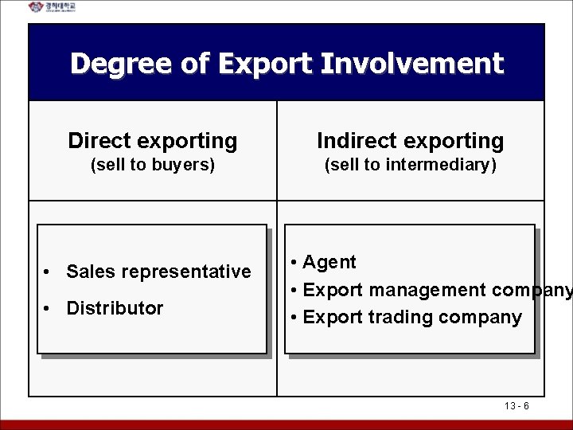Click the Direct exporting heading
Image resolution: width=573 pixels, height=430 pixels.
(153, 142)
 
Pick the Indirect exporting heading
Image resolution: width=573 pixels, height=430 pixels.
(411, 142)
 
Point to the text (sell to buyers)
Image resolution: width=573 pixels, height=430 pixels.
(153, 166)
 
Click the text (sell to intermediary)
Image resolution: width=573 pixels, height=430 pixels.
(411, 166)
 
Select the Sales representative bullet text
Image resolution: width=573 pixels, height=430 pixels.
(159, 272)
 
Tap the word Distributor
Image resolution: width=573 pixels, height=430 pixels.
(115, 308)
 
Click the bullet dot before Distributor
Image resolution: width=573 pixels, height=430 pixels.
(49, 308)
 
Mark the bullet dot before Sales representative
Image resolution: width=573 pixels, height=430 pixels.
(49, 272)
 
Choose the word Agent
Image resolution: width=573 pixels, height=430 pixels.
(330, 262)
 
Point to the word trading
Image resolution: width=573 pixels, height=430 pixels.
(402, 318)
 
